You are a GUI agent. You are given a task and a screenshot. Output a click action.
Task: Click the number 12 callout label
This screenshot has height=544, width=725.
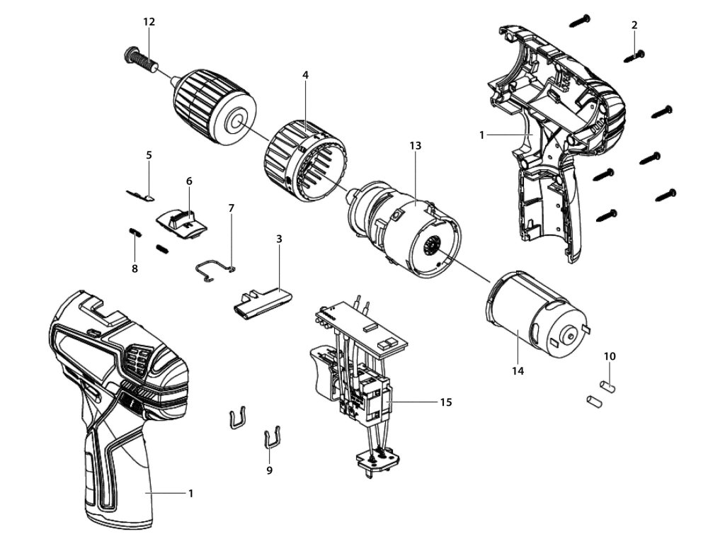tap(149, 22)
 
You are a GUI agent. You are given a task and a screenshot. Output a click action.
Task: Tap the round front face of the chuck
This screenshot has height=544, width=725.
tap(233, 121)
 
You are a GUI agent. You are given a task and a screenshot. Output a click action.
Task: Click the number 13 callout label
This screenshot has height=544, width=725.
tap(415, 145)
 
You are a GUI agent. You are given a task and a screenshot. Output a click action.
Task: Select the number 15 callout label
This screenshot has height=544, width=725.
tap(445, 402)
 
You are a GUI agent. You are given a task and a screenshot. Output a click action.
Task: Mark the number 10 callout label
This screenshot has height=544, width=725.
tap(610, 355)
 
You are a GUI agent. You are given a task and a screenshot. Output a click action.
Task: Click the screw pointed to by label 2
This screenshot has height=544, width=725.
tap(636, 53)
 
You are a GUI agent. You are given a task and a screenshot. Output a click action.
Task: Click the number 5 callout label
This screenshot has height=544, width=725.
tap(149, 154)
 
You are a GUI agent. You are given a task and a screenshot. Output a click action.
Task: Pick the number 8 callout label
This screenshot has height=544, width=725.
tap(135, 268)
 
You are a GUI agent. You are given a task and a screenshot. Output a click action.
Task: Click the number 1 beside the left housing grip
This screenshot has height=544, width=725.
tap(190, 493)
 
